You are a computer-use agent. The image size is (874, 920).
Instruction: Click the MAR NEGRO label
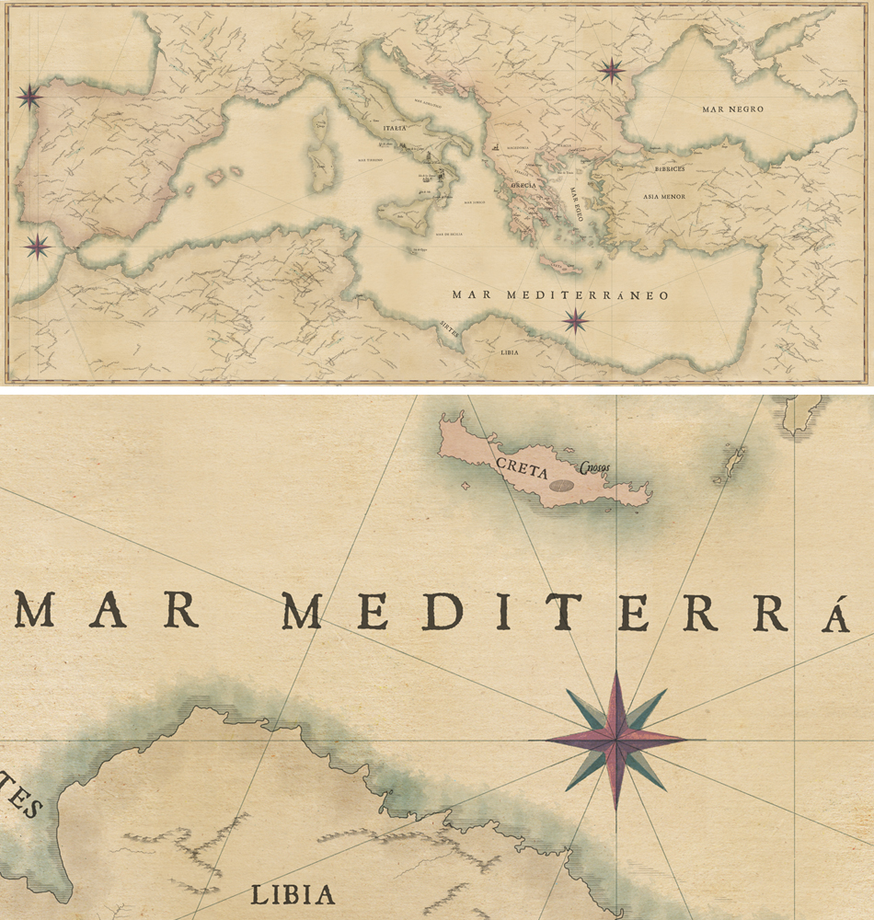point(732,109)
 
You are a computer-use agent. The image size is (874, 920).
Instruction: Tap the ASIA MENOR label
point(664,197)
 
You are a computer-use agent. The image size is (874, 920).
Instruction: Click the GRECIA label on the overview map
point(524,185)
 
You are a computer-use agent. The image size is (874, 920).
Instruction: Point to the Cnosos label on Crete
point(596,466)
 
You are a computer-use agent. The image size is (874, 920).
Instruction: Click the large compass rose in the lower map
point(615,740)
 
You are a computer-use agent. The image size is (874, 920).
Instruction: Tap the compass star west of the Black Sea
point(611,69)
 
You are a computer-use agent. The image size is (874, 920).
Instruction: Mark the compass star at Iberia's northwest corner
point(29,97)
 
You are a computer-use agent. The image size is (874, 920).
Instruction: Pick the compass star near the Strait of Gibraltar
point(38,246)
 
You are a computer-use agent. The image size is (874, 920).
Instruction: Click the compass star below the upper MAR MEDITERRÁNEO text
point(576,320)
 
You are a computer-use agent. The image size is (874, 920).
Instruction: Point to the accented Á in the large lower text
point(834,613)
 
